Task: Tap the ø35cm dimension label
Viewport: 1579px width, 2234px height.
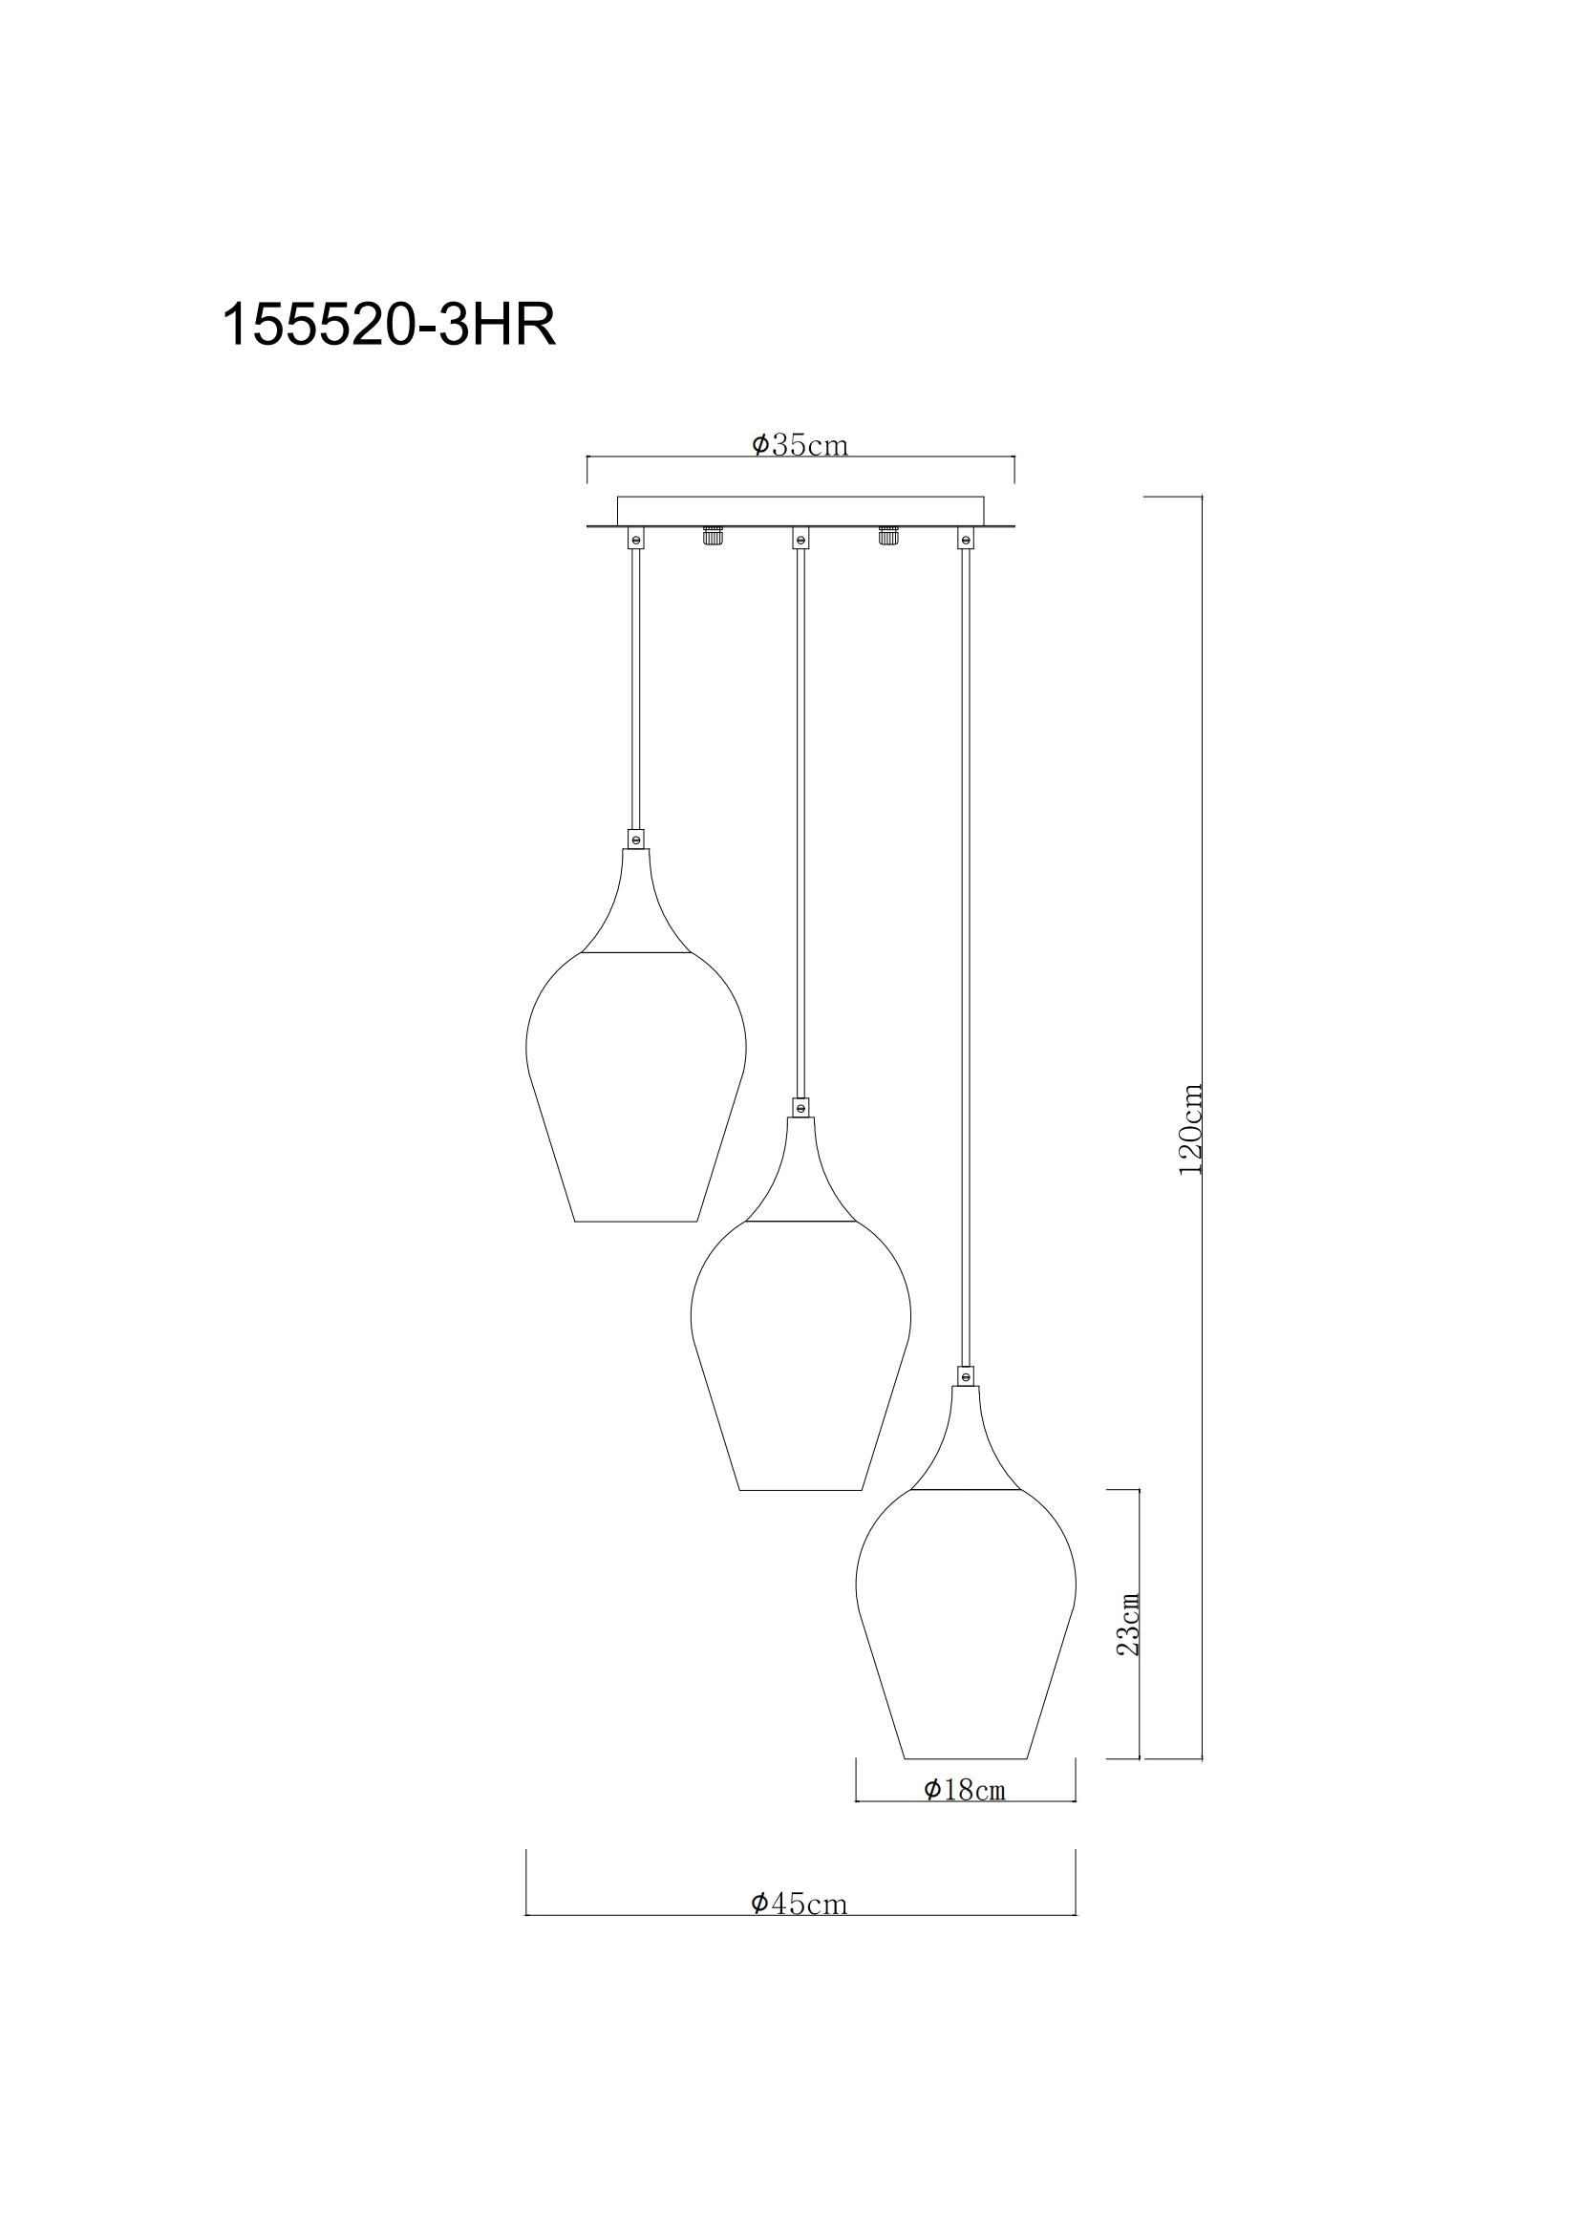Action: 800,445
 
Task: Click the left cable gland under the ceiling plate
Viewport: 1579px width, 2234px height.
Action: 714,537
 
